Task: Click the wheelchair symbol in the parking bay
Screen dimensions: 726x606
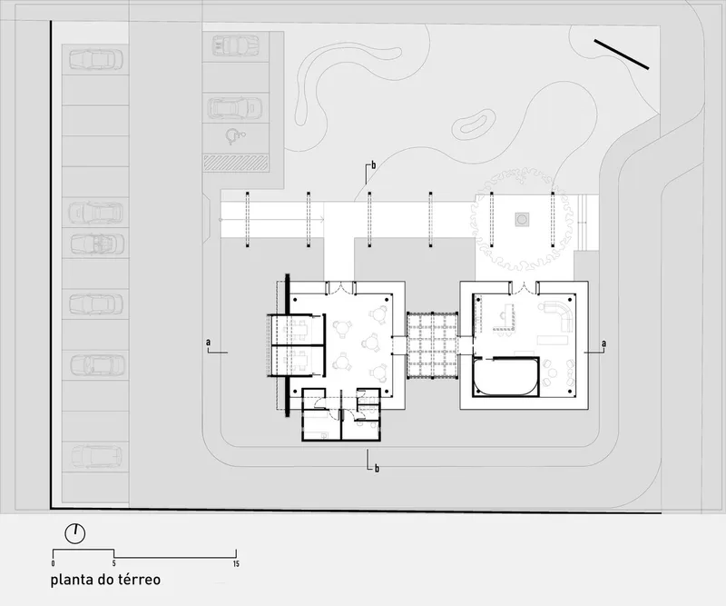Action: [x=235, y=136]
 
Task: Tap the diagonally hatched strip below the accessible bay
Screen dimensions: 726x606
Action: [x=236, y=163]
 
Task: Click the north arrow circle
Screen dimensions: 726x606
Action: [x=75, y=534]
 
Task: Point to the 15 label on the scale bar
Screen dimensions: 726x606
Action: [x=236, y=564]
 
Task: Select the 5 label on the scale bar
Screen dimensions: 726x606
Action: [x=114, y=564]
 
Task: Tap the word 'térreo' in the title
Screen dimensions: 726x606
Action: [x=139, y=580]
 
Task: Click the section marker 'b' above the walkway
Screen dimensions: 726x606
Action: [x=373, y=165]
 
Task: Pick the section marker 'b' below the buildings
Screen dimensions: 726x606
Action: [x=377, y=468]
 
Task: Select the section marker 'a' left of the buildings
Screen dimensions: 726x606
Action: [x=209, y=343]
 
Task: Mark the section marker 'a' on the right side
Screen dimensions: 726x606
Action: [x=603, y=343]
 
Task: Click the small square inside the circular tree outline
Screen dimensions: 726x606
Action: [x=523, y=219]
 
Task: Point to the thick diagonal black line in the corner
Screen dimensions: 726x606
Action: [x=622, y=55]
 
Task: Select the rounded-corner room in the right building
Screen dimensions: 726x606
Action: [x=506, y=376]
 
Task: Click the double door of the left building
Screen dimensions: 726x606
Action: [x=340, y=288]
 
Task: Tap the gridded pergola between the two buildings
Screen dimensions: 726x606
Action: [x=433, y=345]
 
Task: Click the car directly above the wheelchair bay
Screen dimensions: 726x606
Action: [x=235, y=107]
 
